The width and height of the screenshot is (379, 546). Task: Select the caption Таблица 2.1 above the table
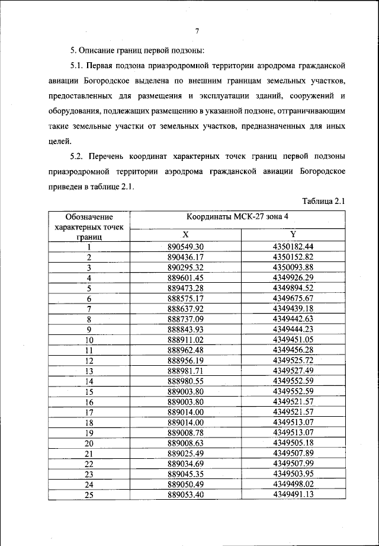point(323,202)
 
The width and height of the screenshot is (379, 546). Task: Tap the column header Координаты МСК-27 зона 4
point(237,217)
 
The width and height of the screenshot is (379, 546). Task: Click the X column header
point(185,234)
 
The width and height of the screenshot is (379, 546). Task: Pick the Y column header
point(293,234)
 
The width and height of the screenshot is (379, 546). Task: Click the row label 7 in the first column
point(89,308)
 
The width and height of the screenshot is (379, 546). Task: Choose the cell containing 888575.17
point(185,298)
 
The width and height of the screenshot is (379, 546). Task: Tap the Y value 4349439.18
point(293,308)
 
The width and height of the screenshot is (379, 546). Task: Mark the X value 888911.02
point(185,340)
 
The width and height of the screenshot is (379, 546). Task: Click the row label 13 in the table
point(89,371)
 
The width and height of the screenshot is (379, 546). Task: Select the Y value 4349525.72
point(293,360)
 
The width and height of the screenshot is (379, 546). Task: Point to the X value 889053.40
point(185,495)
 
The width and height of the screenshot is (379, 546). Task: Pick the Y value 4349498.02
point(293,484)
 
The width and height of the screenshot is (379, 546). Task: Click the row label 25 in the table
point(89,495)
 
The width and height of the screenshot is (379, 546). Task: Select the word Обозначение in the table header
point(89,217)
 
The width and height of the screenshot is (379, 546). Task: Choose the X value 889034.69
point(185,464)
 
